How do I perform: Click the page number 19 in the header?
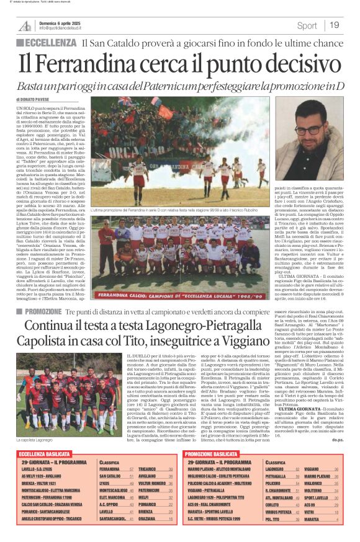(x=335, y=25)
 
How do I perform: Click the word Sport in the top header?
(x=307, y=25)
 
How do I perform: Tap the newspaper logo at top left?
(x=25, y=25)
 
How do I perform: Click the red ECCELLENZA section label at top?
(x=50, y=43)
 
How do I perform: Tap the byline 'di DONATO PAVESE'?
(x=35, y=99)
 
